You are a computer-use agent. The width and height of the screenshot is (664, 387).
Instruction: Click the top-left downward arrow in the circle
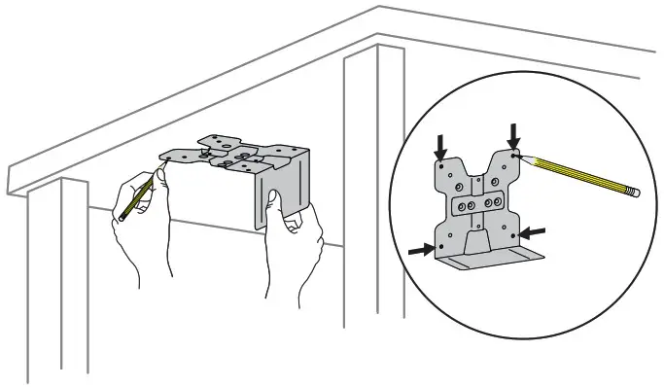(x=441, y=147)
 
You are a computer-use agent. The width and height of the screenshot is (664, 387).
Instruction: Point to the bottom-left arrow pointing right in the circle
(x=420, y=250)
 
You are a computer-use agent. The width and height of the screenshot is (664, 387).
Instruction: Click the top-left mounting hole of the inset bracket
(x=442, y=165)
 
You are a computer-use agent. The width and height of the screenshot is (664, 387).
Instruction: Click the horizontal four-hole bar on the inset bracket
(x=477, y=205)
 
